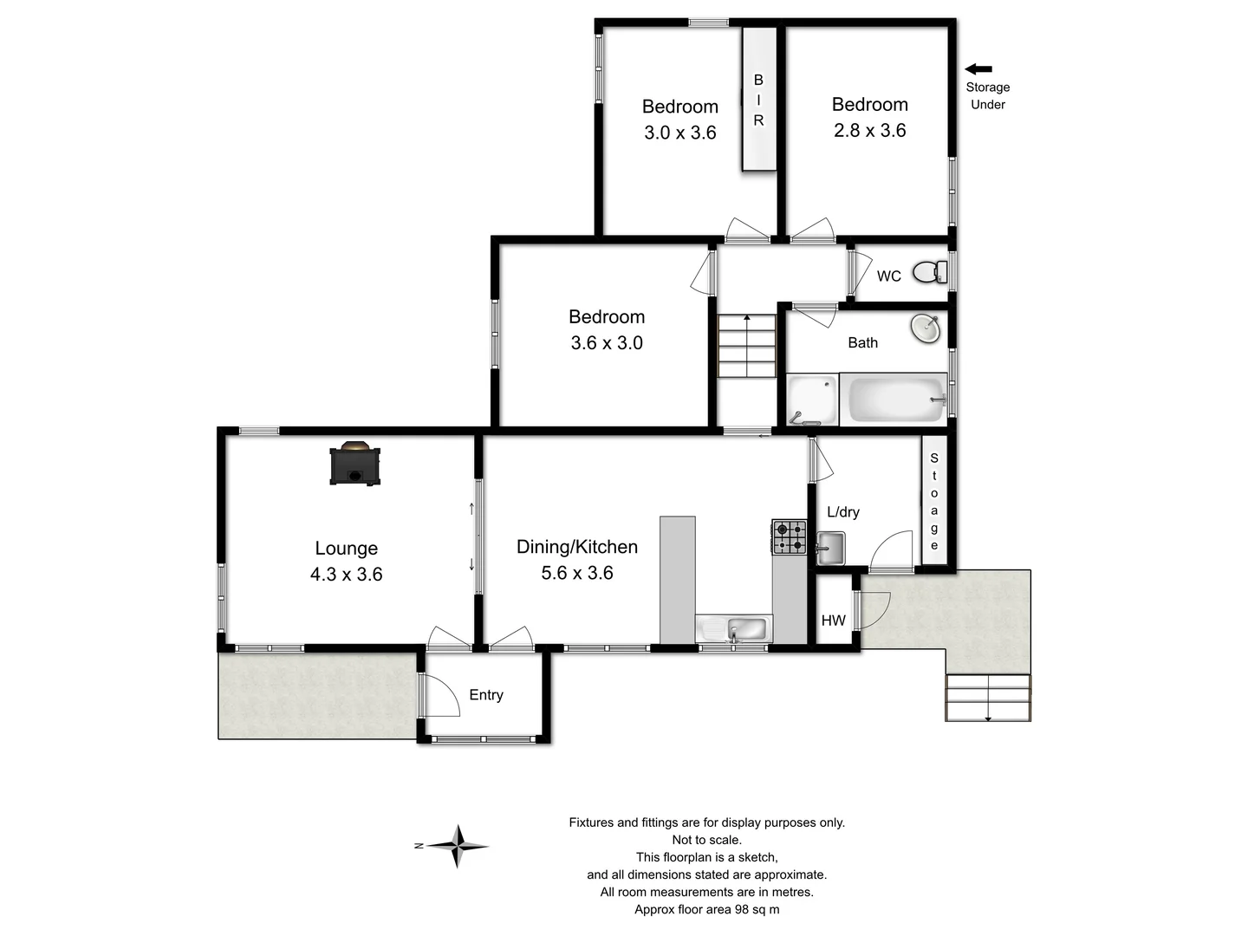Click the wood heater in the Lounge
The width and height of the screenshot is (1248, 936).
pos(354,464)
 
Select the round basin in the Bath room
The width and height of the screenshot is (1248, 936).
pos(926,328)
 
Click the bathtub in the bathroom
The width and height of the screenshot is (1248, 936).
pos(894,400)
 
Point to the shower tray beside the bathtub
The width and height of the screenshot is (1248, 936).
pos(812,400)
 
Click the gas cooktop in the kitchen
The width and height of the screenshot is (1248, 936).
pos(789,537)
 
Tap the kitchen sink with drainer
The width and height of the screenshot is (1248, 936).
pos(733,628)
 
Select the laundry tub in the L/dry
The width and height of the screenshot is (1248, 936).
pos(830,549)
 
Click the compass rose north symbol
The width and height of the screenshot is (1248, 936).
pos(457,846)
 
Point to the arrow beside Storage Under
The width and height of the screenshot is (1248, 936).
pos(978,69)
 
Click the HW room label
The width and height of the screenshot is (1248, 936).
pos(833,621)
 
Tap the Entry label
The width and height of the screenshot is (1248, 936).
pos(485,695)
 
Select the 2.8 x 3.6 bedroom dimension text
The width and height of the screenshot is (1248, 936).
pos(869,131)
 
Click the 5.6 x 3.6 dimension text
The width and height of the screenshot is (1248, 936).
pos(576,573)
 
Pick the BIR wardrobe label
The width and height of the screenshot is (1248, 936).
pos(758,100)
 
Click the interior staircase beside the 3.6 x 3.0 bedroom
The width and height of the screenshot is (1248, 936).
pos(746,346)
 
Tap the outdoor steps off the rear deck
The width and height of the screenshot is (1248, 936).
pos(988,698)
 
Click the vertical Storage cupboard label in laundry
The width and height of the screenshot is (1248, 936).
pos(933,502)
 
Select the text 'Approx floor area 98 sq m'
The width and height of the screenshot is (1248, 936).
pos(706,909)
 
